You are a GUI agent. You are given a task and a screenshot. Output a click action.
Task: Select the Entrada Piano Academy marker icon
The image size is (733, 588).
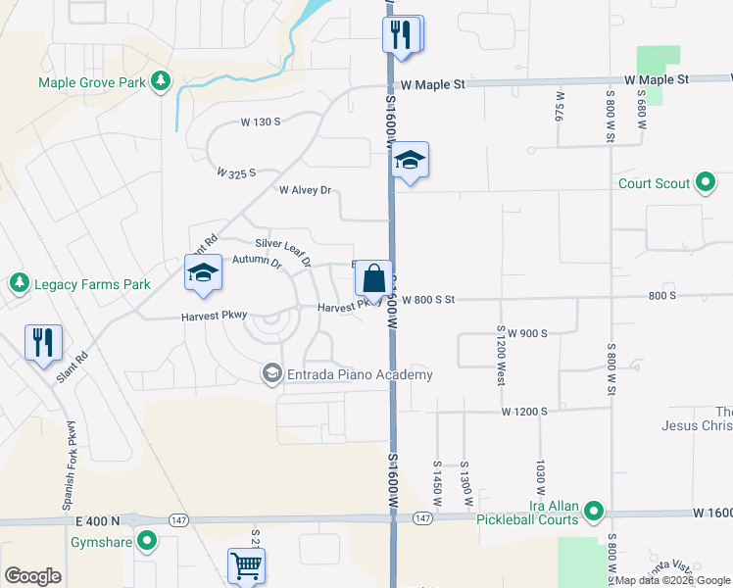[271, 373]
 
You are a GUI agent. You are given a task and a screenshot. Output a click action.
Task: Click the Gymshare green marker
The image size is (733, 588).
[147, 540]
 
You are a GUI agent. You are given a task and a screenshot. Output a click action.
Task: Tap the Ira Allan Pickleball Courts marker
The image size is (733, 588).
[594, 511]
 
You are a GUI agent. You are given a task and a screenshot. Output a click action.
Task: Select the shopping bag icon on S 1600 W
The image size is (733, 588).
[374, 278]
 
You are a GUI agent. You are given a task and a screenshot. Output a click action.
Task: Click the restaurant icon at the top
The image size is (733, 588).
[402, 33]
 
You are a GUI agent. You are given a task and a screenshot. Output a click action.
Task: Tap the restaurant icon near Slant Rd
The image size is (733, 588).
[43, 342]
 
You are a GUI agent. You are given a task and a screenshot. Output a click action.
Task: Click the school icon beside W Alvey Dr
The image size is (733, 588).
[411, 162]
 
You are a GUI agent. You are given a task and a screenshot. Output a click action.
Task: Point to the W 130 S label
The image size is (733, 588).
[261, 122]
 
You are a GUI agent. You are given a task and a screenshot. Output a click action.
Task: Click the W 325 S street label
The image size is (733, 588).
[236, 172]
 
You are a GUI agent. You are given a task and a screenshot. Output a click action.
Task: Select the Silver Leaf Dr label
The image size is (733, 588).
[283, 251]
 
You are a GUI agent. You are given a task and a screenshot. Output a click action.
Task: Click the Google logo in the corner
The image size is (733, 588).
[31, 575]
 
